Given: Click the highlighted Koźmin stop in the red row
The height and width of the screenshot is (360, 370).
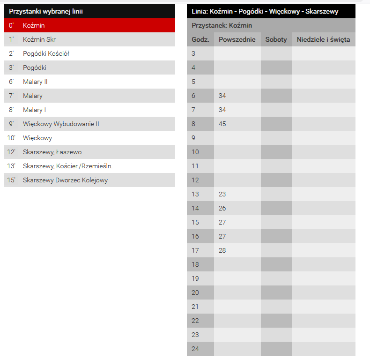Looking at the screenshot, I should [34, 25].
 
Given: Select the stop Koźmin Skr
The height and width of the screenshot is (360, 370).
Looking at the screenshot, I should [39, 39].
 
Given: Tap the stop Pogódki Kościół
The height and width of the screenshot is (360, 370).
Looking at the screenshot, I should [46, 53].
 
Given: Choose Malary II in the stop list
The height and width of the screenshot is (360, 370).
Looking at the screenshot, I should [35, 82].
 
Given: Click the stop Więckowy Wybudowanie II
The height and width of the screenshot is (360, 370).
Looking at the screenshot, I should [61, 124].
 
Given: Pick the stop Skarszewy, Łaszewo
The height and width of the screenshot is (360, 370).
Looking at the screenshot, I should [52, 152].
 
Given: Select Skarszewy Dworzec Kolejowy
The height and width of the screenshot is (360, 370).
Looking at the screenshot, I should [65, 180].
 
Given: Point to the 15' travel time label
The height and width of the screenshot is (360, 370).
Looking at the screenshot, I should [11, 180].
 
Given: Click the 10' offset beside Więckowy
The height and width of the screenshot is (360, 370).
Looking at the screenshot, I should [11, 138].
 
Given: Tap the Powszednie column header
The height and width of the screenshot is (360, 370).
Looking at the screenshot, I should [237, 39].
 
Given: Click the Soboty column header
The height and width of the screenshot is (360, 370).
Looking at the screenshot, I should [276, 39].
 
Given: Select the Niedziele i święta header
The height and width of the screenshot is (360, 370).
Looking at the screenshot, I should [323, 39].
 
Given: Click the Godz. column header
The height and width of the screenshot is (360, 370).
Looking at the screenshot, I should [200, 39].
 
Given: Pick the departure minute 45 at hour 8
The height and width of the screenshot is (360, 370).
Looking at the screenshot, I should [222, 124].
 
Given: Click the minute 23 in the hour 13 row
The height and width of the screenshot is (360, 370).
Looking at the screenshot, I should [222, 194].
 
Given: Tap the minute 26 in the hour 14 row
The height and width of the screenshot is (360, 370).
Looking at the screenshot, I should [222, 208].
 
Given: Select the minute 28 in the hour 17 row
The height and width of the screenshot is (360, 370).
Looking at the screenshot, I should [222, 250].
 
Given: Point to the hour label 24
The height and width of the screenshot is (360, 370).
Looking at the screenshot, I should [196, 349].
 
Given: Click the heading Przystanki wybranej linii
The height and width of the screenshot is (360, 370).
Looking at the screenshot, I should [46, 11].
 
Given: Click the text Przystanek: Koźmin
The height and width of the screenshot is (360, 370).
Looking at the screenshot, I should [222, 25].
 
